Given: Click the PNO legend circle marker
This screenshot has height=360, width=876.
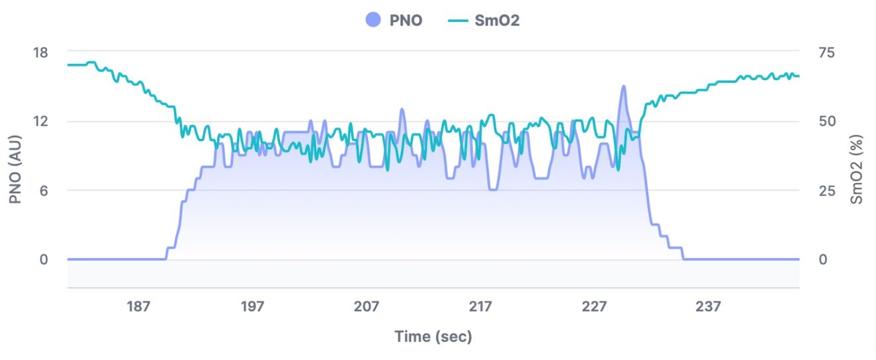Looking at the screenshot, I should click(373, 20).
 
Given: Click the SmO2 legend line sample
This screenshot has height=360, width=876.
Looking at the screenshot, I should click(459, 20).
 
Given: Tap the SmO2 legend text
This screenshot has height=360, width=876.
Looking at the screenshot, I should click(497, 21).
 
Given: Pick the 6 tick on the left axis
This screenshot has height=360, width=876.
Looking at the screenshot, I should click(43, 191).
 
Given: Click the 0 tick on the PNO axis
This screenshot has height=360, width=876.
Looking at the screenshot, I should click(43, 259).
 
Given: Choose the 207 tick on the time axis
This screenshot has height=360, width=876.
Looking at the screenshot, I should click(366, 306).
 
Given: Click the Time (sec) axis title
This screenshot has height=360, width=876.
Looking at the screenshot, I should click(433, 337).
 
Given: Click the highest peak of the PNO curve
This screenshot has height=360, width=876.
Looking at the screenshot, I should click(623, 86).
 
